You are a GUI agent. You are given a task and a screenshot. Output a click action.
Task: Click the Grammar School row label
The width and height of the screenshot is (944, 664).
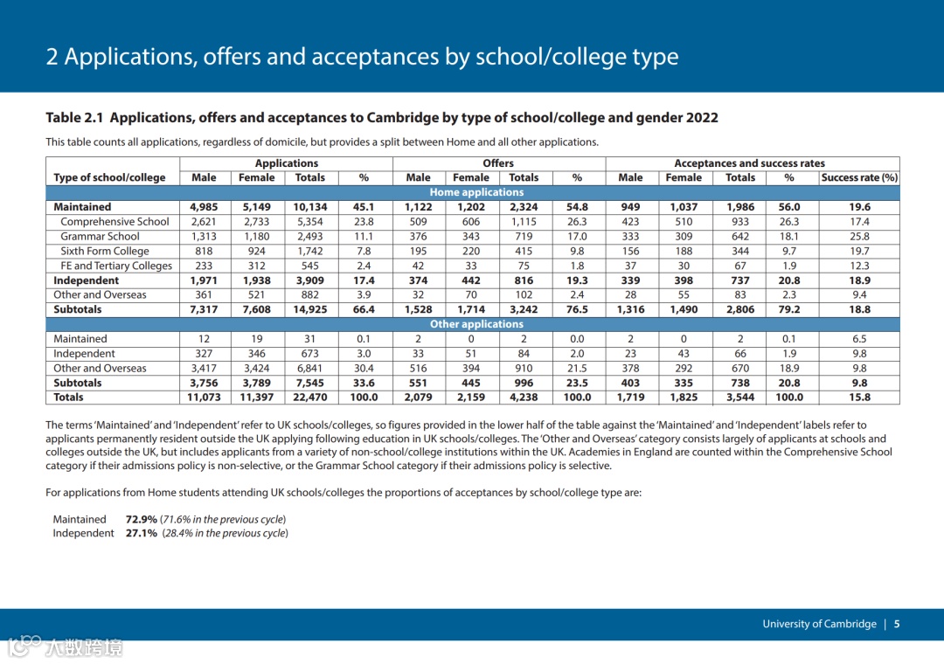coord(100,236)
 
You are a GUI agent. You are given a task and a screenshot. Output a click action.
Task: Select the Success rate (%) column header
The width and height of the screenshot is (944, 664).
coord(859,177)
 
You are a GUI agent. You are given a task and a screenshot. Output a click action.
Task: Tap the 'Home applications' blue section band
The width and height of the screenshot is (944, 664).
coord(476,192)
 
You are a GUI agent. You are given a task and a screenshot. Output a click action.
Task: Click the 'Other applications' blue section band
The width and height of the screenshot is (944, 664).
coord(476,324)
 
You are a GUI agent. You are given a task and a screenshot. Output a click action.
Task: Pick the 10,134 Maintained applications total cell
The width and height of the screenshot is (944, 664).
coord(309,207)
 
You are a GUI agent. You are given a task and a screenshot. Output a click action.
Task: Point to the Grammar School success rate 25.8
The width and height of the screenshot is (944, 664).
coord(859,236)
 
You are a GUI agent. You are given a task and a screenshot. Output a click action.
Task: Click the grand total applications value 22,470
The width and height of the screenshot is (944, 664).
coord(309,397)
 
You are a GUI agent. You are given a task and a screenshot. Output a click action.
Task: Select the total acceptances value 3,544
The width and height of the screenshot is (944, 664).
coord(739,397)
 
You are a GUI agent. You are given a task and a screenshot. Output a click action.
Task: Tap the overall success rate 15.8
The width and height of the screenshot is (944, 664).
coord(859,397)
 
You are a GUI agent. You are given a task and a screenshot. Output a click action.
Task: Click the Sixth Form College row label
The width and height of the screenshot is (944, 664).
coord(105,251)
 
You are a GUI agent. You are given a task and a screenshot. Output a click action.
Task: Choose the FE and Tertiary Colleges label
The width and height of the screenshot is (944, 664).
coord(116,266)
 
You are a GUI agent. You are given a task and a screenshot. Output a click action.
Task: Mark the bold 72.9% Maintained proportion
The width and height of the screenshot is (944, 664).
coord(141,519)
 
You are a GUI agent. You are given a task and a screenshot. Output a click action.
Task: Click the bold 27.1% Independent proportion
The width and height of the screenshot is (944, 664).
coord(141,533)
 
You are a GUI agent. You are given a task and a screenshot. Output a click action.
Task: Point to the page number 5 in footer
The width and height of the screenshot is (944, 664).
coord(897,624)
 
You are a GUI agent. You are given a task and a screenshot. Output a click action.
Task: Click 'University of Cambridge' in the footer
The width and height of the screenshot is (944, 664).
coord(819,624)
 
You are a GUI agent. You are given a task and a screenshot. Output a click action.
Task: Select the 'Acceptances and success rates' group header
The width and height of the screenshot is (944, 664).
coord(749,163)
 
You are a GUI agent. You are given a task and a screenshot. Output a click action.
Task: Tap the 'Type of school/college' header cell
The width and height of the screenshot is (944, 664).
coord(109,177)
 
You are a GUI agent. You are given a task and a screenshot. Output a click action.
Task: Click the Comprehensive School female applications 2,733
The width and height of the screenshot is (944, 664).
coord(256,222)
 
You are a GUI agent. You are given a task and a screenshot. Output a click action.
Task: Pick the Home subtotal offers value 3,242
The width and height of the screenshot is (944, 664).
coord(524,309)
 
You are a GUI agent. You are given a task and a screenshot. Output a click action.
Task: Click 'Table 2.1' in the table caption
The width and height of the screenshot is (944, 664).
coord(74,118)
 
